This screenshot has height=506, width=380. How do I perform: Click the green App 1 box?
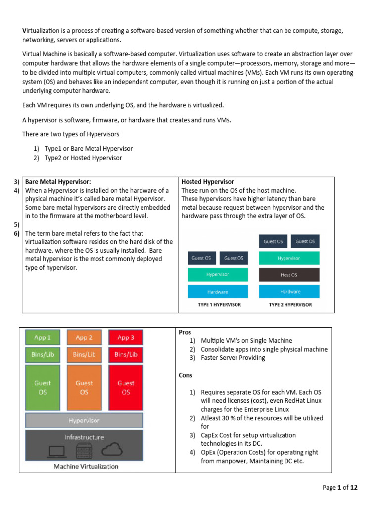tap(43, 337)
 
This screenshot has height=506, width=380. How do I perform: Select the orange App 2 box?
tap(84, 337)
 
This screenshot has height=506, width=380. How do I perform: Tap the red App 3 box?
tap(126, 337)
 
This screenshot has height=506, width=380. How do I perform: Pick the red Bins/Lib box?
tap(126, 354)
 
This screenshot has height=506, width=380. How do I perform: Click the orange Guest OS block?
tap(84, 387)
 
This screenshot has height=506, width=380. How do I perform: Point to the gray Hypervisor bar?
tap(84, 421)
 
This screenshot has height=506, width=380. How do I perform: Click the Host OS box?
tap(288, 275)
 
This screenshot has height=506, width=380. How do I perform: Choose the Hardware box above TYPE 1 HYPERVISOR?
tap(217, 292)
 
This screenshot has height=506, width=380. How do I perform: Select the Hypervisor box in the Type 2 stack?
tap(288, 258)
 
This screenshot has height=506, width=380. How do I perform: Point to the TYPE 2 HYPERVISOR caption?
tap(290, 305)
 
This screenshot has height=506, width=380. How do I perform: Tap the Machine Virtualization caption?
tap(86, 466)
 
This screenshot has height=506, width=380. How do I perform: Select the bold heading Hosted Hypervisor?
tap(208, 182)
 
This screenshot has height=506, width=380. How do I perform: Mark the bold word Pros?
tap(185, 332)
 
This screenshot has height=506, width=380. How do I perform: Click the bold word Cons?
tap(186, 375)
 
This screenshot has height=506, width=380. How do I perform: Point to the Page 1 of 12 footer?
tap(340, 487)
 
